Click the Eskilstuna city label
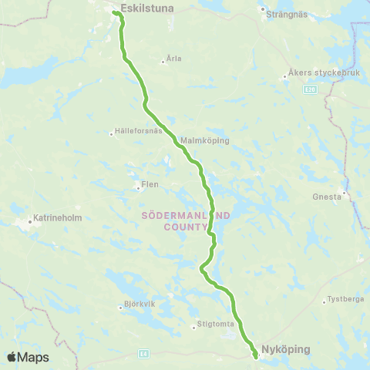click(x=149, y=8)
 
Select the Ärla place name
click(x=173, y=59)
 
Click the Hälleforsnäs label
click(x=140, y=131)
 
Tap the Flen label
click(x=149, y=185)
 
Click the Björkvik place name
click(x=140, y=304)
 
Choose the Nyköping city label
click(x=285, y=349)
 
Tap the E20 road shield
click(x=309, y=90)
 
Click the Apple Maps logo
click(x=28, y=357)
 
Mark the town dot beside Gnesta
click(x=344, y=193)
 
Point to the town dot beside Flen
click(x=138, y=185)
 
